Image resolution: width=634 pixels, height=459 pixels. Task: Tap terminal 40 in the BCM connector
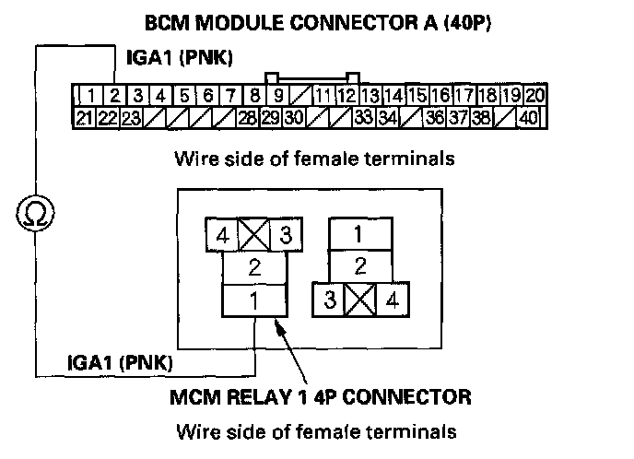click(529, 117)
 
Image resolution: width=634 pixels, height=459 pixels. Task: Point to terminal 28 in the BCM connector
click(247, 117)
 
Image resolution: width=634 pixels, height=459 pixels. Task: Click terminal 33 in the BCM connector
click(363, 117)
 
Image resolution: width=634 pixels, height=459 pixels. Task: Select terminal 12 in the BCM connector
click(346, 95)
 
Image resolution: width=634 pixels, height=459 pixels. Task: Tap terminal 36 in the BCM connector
click(437, 117)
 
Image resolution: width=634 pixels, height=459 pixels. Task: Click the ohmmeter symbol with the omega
click(34, 214)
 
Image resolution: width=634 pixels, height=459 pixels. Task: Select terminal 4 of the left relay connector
click(222, 234)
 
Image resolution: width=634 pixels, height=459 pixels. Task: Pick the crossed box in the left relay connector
click(254, 234)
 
